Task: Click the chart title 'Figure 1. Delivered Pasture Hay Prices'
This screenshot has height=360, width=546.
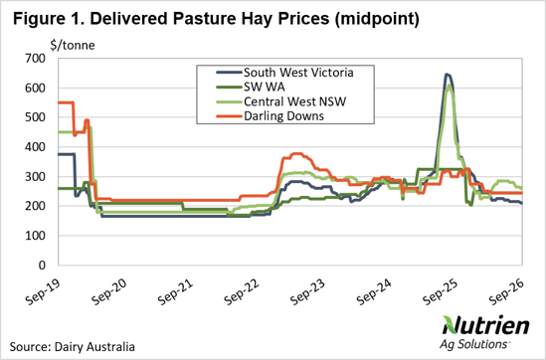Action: pos(171,19)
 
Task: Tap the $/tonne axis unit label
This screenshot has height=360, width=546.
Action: pos(73,46)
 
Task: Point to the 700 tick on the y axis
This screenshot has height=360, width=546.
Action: pos(35,59)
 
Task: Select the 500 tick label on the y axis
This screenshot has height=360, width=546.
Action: pos(35,117)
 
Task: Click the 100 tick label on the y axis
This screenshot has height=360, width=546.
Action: pos(35,236)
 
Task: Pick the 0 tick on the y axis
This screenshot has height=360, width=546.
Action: pos(42,266)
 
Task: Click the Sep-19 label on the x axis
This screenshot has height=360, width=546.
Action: pos(44,291)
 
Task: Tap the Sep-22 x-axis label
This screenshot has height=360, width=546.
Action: pos(242,291)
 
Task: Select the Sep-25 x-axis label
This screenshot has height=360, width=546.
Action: pos(441,291)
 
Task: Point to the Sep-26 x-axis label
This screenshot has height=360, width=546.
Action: pos(506,291)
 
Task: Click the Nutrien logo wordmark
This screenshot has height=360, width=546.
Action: pos(485,325)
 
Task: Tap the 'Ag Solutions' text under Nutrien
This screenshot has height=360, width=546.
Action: pos(473,344)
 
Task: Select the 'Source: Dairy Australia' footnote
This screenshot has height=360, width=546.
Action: pos(72,347)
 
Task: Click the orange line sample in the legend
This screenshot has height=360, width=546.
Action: pos(229,116)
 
